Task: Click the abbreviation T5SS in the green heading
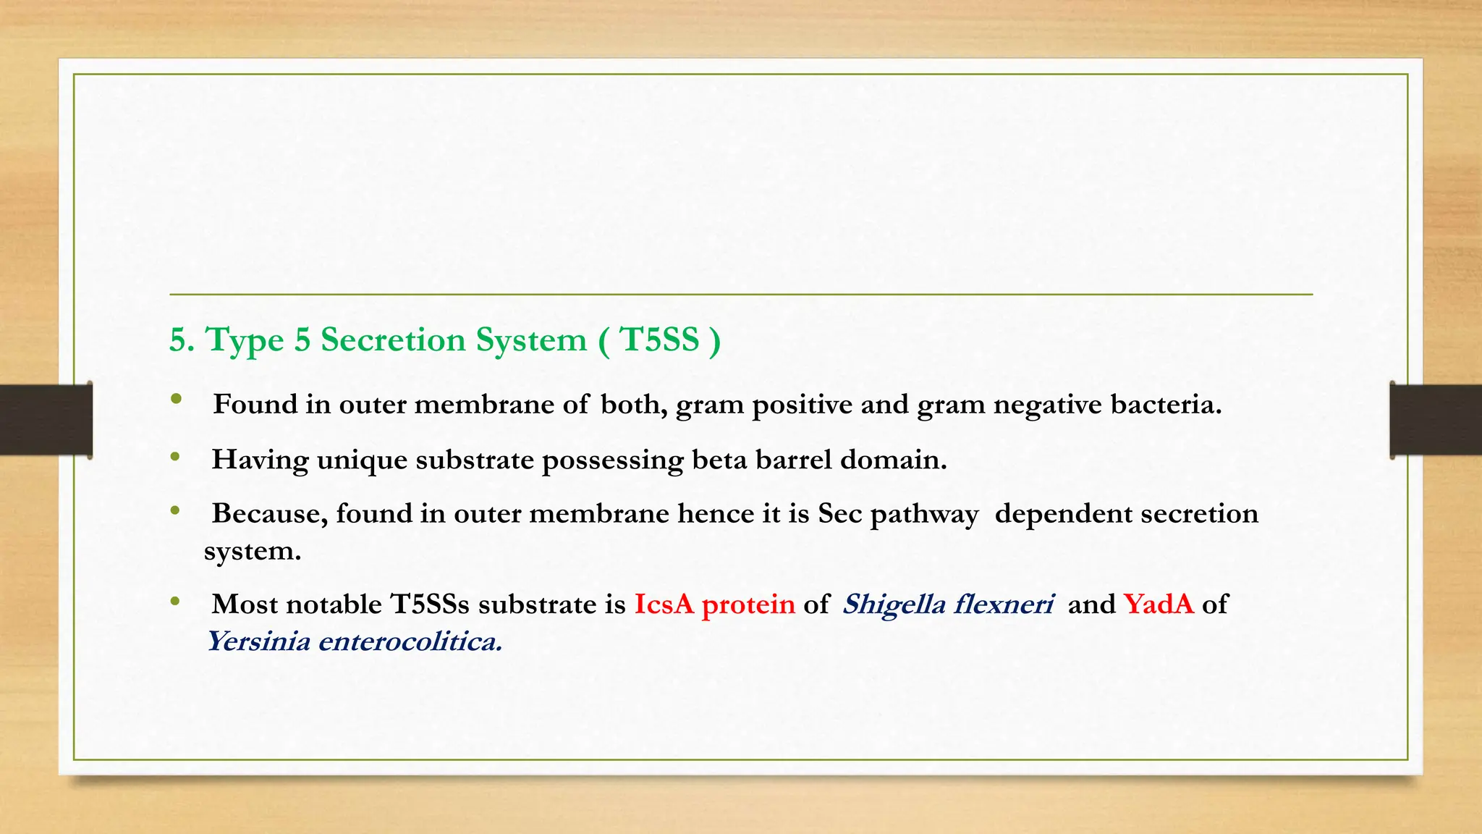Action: tap(659, 340)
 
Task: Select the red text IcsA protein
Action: tap(714, 605)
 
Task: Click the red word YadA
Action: tap(1158, 604)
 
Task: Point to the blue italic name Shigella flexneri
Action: tap(947, 604)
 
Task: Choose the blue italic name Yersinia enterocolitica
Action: tap(354, 641)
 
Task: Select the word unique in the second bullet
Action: tap(362, 460)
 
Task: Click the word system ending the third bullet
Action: tap(251, 552)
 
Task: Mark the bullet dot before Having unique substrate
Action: tap(175, 457)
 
